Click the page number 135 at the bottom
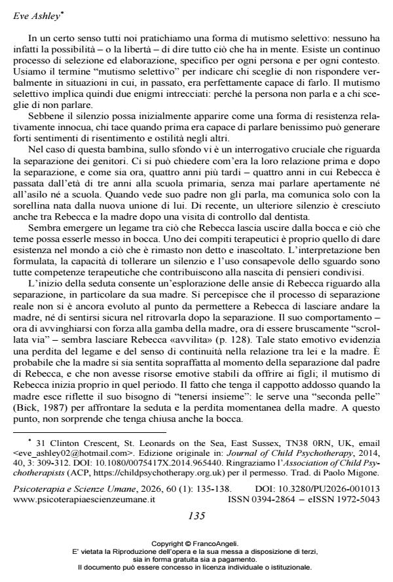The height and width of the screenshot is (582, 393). click(196, 515)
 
